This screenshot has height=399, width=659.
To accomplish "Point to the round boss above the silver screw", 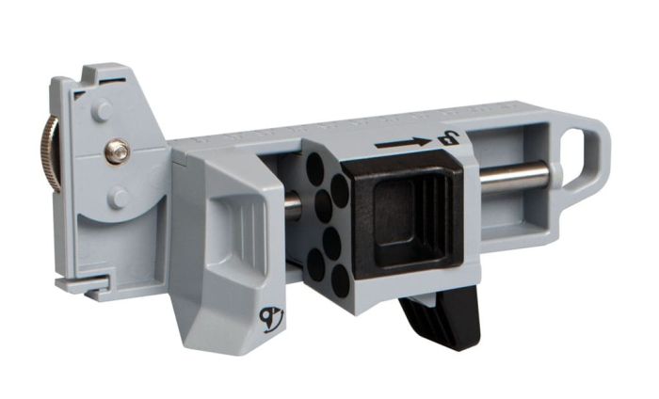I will click(x=102, y=110).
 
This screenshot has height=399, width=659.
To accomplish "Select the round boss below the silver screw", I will click(x=119, y=197).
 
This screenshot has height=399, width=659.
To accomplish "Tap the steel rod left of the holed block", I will click(x=292, y=206).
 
